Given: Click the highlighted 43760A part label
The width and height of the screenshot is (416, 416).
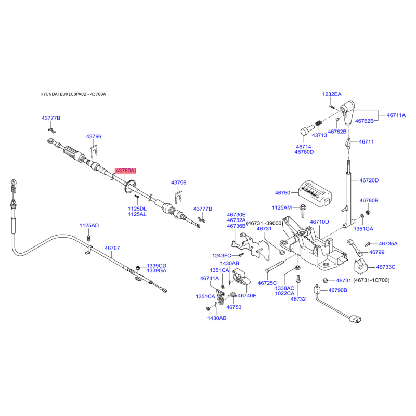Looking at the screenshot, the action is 125,171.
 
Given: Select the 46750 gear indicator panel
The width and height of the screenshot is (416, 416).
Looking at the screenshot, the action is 315,193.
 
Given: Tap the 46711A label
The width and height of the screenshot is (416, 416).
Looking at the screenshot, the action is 396,115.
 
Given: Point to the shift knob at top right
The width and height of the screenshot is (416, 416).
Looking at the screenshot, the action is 347,112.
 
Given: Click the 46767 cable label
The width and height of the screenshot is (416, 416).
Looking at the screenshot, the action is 112,248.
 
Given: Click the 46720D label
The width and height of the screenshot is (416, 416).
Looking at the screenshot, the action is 369,180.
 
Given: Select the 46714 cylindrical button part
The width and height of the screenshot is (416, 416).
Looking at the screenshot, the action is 307,131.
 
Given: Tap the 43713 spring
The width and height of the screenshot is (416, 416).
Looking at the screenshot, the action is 319,124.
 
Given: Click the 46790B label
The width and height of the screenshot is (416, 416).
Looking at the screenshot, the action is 337,290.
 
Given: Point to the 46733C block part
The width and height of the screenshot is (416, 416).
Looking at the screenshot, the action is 361,266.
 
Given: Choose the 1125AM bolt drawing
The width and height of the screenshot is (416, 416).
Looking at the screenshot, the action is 302,211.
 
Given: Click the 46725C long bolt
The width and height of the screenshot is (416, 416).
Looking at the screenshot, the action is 275,266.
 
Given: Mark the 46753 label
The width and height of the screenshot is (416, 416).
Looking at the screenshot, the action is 233,307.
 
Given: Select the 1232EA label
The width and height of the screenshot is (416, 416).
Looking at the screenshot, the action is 332,94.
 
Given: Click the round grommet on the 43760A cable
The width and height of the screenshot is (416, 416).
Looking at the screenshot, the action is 129,186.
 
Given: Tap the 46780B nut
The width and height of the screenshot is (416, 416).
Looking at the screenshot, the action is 368,212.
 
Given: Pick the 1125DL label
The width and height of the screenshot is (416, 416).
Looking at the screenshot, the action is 137,209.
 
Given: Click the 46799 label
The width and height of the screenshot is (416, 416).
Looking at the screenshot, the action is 376,252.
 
